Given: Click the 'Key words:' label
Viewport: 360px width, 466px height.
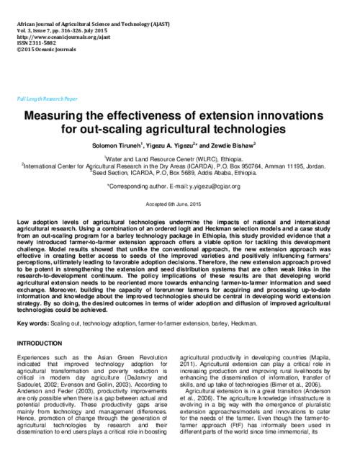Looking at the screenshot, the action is point(30,325).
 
